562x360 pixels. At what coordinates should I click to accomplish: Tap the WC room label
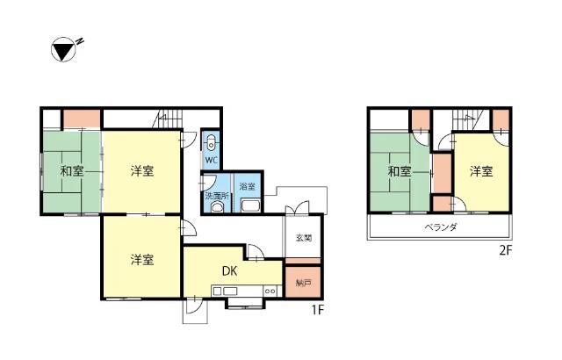click(x=212, y=160)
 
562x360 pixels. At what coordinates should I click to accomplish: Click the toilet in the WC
click(x=212, y=142)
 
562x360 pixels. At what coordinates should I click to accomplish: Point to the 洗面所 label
click(x=217, y=196)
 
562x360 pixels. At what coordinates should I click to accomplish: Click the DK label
click(x=229, y=271)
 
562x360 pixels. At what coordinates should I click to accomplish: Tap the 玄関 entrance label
click(x=304, y=237)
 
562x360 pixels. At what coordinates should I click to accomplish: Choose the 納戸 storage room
click(x=303, y=282)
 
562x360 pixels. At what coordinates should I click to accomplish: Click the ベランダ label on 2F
click(x=441, y=227)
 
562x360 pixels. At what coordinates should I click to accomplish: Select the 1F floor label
click(x=317, y=309)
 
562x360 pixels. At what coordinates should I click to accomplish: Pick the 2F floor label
click(x=506, y=250)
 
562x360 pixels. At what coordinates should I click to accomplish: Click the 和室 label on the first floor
click(x=72, y=171)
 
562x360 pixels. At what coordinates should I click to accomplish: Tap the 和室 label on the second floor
click(x=400, y=171)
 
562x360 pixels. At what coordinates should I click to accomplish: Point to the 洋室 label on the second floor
click(x=481, y=171)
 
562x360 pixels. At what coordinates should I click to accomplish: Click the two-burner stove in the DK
click(x=270, y=291)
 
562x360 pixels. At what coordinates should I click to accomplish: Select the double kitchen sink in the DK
click(x=225, y=291)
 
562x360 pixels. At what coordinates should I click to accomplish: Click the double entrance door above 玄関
click(x=297, y=208)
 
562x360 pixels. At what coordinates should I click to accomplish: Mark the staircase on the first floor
click(x=169, y=119)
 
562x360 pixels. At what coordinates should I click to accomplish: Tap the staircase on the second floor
click(x=470, y=119)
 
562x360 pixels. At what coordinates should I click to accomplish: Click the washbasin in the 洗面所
click(x=217, y=207)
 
